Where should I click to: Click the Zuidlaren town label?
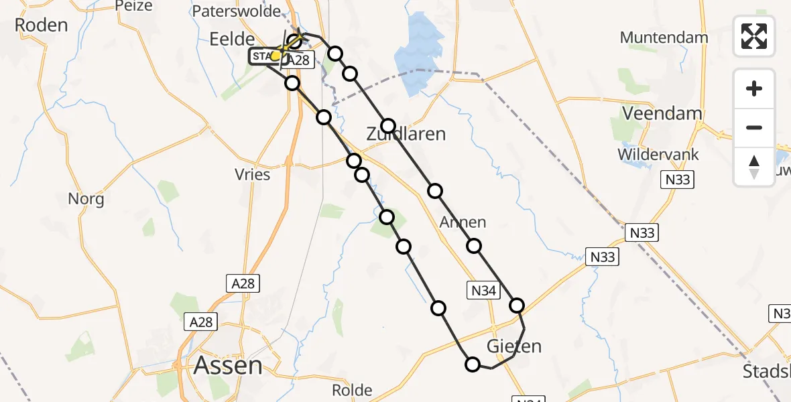pos(406,134)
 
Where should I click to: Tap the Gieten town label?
pos(513,346)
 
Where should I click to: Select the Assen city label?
pos(228,366)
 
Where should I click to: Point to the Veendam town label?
pos(662,113)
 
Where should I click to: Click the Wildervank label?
pos(658,154)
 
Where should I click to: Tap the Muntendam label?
pos(664,38)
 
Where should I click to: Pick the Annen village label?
pos(463,222)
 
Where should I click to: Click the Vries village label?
pos(253,175)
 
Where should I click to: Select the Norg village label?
pos(86,199)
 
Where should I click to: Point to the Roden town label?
pos(41,25)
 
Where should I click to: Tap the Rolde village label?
pos(352,390)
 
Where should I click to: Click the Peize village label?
pos(134,6)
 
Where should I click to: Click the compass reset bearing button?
pos(754,166)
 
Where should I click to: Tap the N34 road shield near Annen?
pos(483,291)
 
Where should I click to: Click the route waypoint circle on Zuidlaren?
pos(388,126)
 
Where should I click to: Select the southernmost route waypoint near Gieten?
pos(473,364)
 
